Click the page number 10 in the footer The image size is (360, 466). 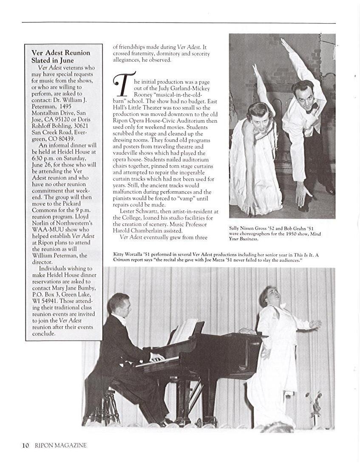pos(26,445)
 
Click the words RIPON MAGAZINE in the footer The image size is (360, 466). pos(60,445)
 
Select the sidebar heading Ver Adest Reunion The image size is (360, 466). pos(61,53)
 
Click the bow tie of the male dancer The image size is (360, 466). pos(312,106)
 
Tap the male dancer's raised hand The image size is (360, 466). pos(284,44)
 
